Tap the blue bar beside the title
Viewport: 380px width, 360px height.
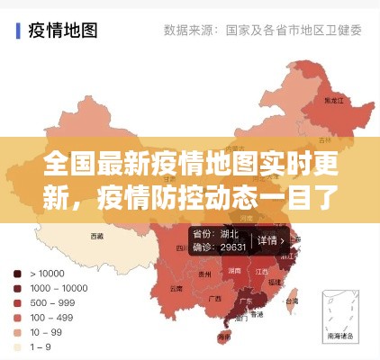tap(19, 30)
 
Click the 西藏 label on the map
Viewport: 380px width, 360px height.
tap(97, 236)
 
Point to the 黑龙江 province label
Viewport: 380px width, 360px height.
tap(334, 101)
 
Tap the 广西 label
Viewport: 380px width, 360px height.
tap(214, 298)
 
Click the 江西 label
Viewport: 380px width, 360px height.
tap(262, 271)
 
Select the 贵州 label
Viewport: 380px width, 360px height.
tap(205, 274)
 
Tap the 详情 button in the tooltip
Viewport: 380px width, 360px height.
tap(267, 241)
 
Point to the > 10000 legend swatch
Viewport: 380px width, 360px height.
tap(18, 273)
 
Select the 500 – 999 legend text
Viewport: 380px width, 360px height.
tap(53, 302)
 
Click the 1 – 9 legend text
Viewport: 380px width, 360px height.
tap(41, 346)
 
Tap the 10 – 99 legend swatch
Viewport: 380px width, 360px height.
tap(18, 332)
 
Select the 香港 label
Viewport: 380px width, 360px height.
tap(257, 316)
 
